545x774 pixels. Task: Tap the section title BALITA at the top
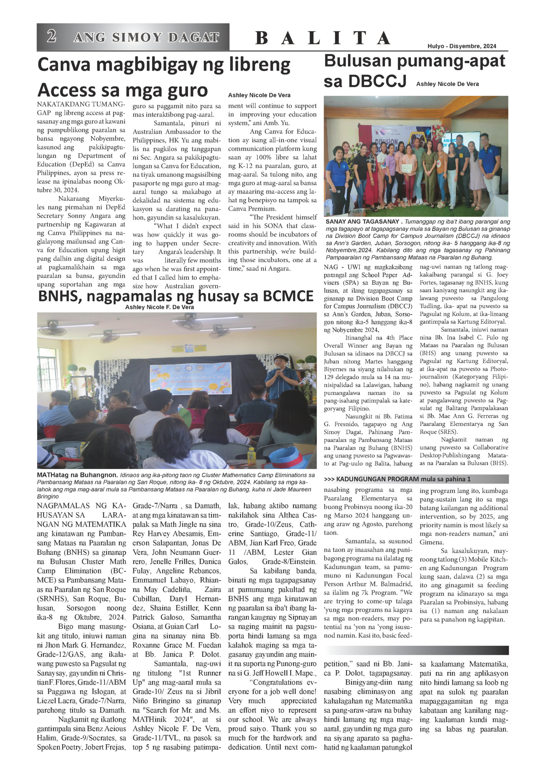pyautogui.click(x=322, y=38)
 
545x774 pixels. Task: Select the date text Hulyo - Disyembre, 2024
pyautogui.click(x=461, y=46)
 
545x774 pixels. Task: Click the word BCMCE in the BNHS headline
pyautogui.click(x=287, y=296)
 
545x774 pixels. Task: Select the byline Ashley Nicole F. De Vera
pyautogui.click(x=160, y=307)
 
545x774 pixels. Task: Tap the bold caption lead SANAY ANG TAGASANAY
pyautogui.click(x=362, y=221)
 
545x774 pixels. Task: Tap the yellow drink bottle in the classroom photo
pyautogui.click(x=251, y=455)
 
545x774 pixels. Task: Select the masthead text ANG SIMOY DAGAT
pyautogui.click(x=146, y=37)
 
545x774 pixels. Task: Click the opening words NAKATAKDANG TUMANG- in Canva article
pyautogui.click(x=81, y=105)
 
